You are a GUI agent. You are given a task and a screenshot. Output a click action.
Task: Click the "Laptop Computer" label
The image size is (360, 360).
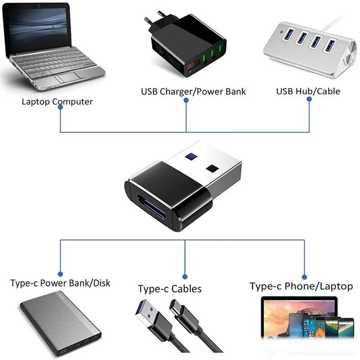coord(57,101)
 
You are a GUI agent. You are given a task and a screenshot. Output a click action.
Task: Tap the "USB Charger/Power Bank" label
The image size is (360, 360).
coord(193,91)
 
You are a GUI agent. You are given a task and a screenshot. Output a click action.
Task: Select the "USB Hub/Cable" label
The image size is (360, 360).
coord(308,91)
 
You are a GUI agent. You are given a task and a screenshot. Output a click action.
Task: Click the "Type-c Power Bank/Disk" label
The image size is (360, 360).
coord(60,283)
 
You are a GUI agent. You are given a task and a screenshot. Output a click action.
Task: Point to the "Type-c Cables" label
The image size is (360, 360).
coord(170,288)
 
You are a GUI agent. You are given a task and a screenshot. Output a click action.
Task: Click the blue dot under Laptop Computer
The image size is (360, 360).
coord(60,112)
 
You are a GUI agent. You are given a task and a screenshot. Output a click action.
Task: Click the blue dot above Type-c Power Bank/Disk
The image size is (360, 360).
coord(61,273)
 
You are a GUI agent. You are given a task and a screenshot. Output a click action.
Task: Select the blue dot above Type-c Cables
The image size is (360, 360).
coord(185,276)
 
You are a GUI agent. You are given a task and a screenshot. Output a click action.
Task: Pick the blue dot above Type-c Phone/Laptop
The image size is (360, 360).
coord(304,277)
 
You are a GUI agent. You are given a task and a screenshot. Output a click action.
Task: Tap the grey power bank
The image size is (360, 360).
coord(61,324)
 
